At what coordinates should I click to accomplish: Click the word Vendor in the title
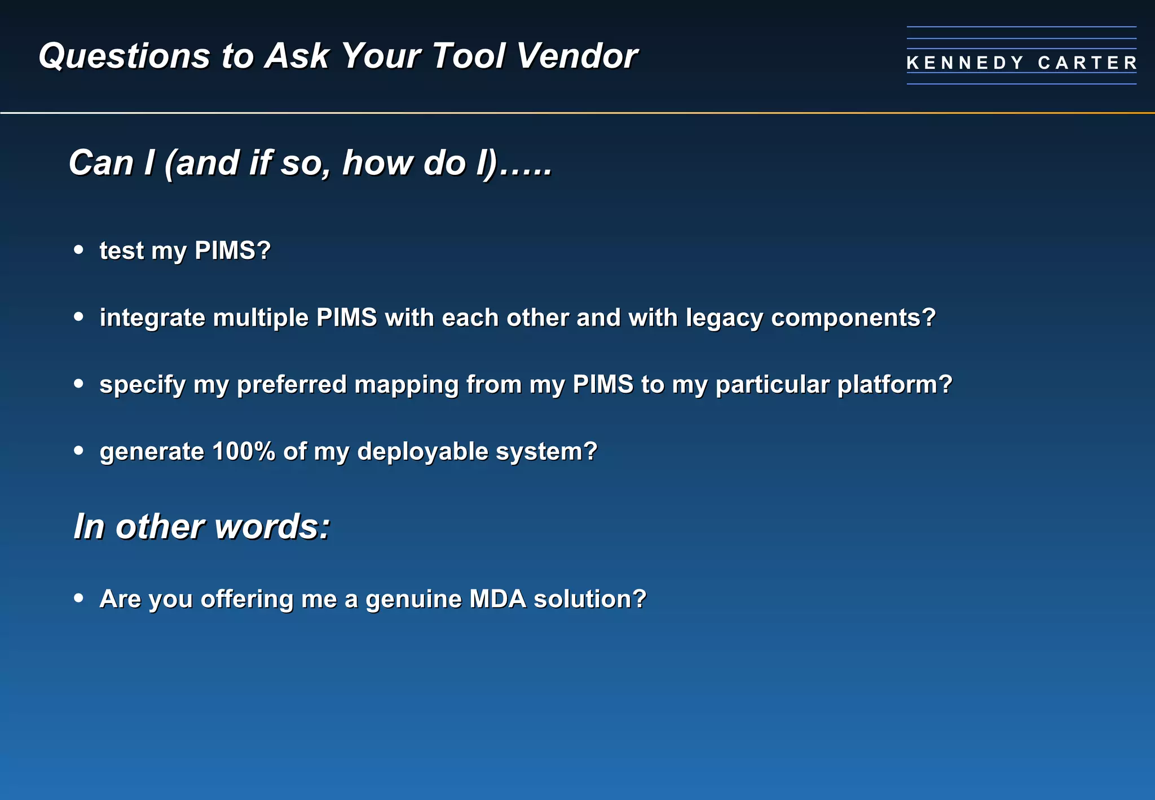pos(576,56)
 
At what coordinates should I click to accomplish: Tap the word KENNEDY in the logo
pos(965,63)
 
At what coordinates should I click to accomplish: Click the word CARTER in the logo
pos(1087,63)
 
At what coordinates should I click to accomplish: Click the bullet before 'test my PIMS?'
pos(78,249)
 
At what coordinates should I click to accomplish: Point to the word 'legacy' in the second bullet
pos(724,318)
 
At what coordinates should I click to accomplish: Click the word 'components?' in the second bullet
pos(853,318)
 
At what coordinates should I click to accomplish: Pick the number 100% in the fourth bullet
pos(244,451)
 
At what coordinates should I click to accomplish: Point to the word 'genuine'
pos(413,599)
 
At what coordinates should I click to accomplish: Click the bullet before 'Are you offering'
pos(78,598)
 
